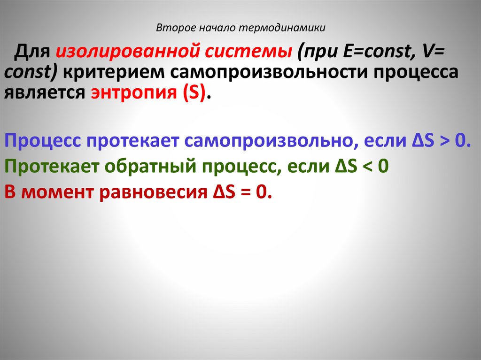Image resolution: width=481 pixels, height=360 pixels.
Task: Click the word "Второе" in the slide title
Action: point(171,28)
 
